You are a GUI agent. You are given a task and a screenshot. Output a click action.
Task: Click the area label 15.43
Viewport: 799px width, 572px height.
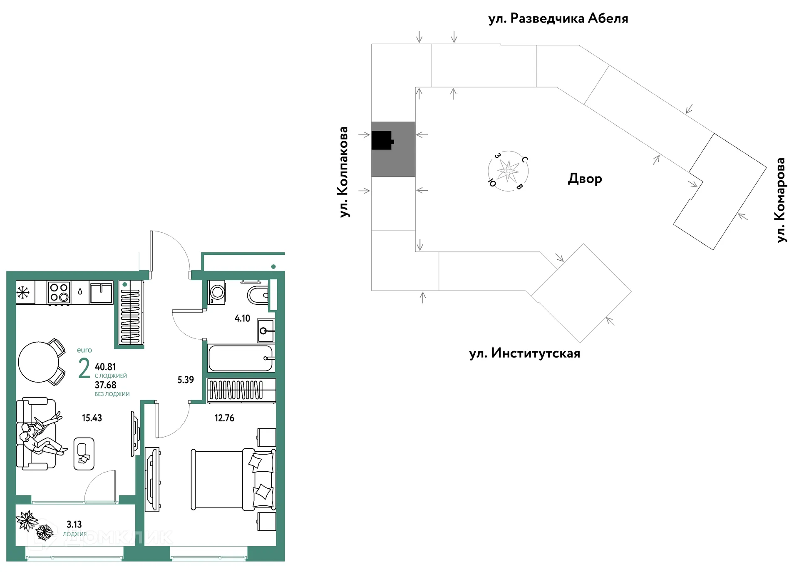pyautogui.click(x=92, y=418)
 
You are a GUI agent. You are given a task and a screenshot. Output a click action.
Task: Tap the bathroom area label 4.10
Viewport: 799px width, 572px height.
pyautogui.click(x=242, y=318)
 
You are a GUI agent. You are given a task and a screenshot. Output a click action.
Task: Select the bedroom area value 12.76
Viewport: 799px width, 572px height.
pyautogui.click(x=224, y=418)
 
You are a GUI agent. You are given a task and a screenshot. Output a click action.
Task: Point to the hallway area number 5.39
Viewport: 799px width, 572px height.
pyautogui.click(x=186, y=380)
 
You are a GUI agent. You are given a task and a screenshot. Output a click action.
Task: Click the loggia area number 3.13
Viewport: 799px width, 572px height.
pyautogui.click(x=74, y=525)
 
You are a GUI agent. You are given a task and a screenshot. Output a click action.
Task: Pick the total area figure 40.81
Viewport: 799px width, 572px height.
pyautogui.click(x=105, y=367)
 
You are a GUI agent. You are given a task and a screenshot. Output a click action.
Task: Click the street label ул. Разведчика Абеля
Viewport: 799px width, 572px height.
pyautogui.click(x=558, y=19)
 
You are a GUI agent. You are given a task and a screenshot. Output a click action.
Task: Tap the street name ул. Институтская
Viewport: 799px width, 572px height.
pyautogui.click(x=524, y=353)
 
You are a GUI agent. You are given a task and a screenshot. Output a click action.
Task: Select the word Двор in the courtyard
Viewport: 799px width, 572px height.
pyautogui.click(x=585, y=179)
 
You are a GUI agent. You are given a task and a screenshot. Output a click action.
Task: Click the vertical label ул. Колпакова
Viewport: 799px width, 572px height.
pyautogui.click(x=343, y=172)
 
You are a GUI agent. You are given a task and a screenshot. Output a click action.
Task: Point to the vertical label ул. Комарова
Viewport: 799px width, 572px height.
pyautogui.click(x=781, y=200)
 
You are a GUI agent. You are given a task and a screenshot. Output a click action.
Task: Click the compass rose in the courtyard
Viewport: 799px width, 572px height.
pyautogui.click(x=508, y=171)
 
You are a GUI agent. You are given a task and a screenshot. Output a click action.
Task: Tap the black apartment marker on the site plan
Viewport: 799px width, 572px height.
pyautogui.click(x=382, y=140)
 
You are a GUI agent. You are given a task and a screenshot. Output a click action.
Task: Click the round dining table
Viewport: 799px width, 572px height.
pyautogui.click(x=39, y=362)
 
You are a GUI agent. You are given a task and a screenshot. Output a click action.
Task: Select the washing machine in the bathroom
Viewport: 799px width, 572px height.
pyautogui.click(x=217, y=292)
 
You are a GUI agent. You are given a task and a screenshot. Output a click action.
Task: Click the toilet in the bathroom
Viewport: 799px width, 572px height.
pyautogui.click(x=258, y=296)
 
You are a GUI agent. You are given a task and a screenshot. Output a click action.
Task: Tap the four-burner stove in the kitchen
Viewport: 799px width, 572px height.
pyautogui.click(x=59, y=292)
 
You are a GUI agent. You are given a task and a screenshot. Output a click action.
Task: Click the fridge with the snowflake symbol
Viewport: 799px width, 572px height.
pyautogui.click(x=25, y=292)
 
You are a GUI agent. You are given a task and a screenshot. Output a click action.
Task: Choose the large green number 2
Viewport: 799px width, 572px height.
pyautogui.click(x=84, y=368)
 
